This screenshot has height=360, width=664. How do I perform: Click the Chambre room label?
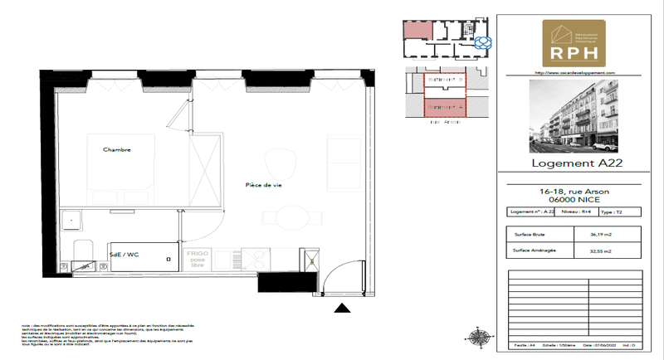click(117, 149)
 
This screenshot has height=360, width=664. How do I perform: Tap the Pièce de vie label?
click(264, 185)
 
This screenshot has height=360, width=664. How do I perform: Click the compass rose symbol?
click(479, 336)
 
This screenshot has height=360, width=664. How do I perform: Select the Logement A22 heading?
click(574, 163)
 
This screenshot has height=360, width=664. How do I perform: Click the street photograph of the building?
click(574, 116)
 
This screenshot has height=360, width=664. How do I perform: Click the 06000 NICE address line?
click(574, 199)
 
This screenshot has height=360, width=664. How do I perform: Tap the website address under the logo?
click(574, 72)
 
